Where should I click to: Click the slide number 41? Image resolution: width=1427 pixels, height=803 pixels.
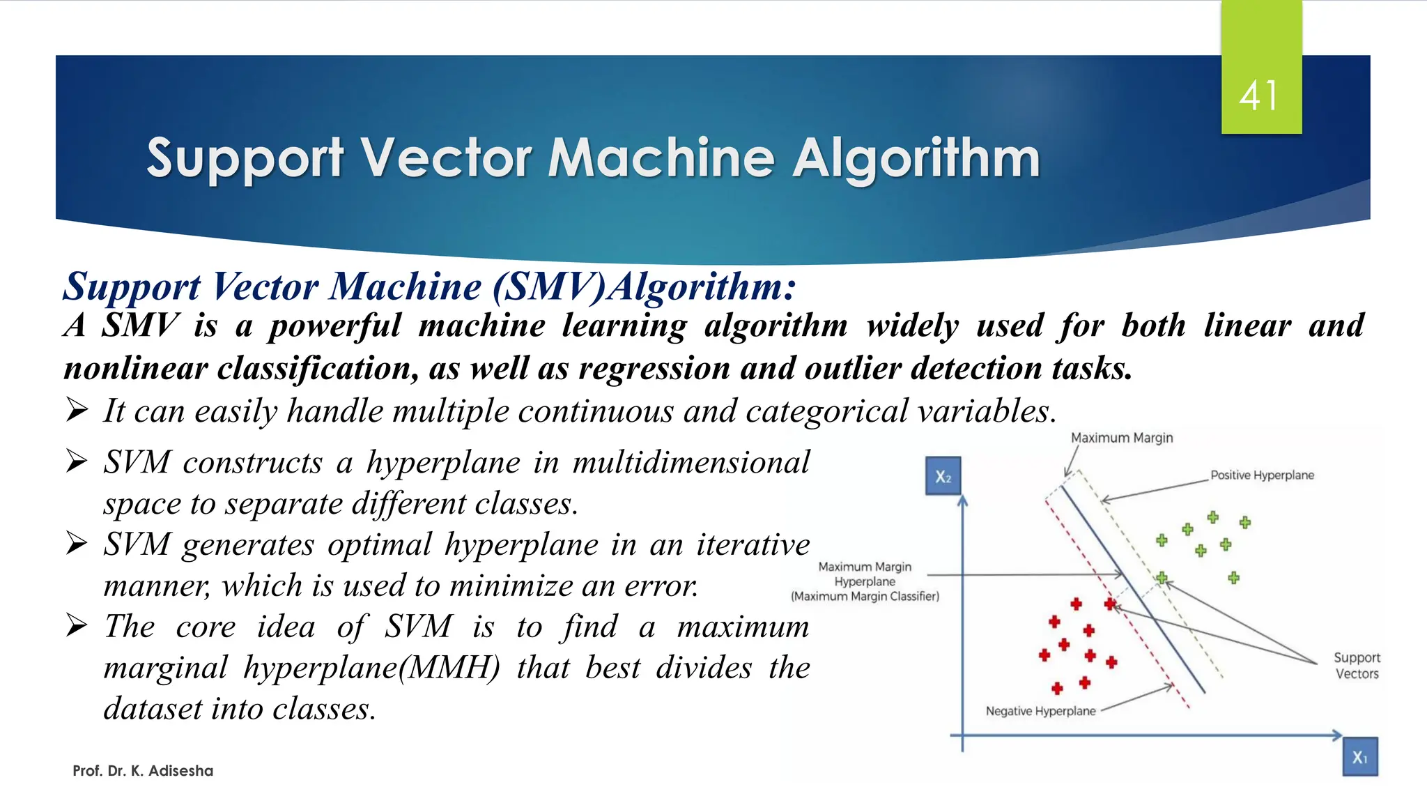point(1259,95)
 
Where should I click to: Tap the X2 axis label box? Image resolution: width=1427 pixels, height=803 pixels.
point(943,477)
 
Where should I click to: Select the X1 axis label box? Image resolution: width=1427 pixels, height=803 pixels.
point(1359,757)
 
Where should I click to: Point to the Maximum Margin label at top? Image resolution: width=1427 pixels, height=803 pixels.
point(1122,438)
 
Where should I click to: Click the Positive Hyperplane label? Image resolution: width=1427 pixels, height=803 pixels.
point(1262,475)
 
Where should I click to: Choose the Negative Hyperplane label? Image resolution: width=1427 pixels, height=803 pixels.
point(1040,711)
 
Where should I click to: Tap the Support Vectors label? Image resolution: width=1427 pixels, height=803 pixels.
point(1357,666)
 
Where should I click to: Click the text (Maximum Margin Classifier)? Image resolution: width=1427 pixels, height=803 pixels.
point(865,597)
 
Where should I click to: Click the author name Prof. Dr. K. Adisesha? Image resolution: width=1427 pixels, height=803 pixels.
point(143,771)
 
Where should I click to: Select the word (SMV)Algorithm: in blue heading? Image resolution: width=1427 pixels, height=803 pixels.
point(644,286)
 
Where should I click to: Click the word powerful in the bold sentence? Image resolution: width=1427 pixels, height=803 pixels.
point(335,326)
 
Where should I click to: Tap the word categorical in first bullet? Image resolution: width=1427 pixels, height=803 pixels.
point(826,411)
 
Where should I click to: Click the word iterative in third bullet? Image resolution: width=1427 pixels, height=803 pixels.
point(753,544)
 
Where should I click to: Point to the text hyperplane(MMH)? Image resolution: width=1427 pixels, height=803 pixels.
point(372,668)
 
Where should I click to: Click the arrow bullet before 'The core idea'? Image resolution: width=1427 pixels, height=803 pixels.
point(77,625)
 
